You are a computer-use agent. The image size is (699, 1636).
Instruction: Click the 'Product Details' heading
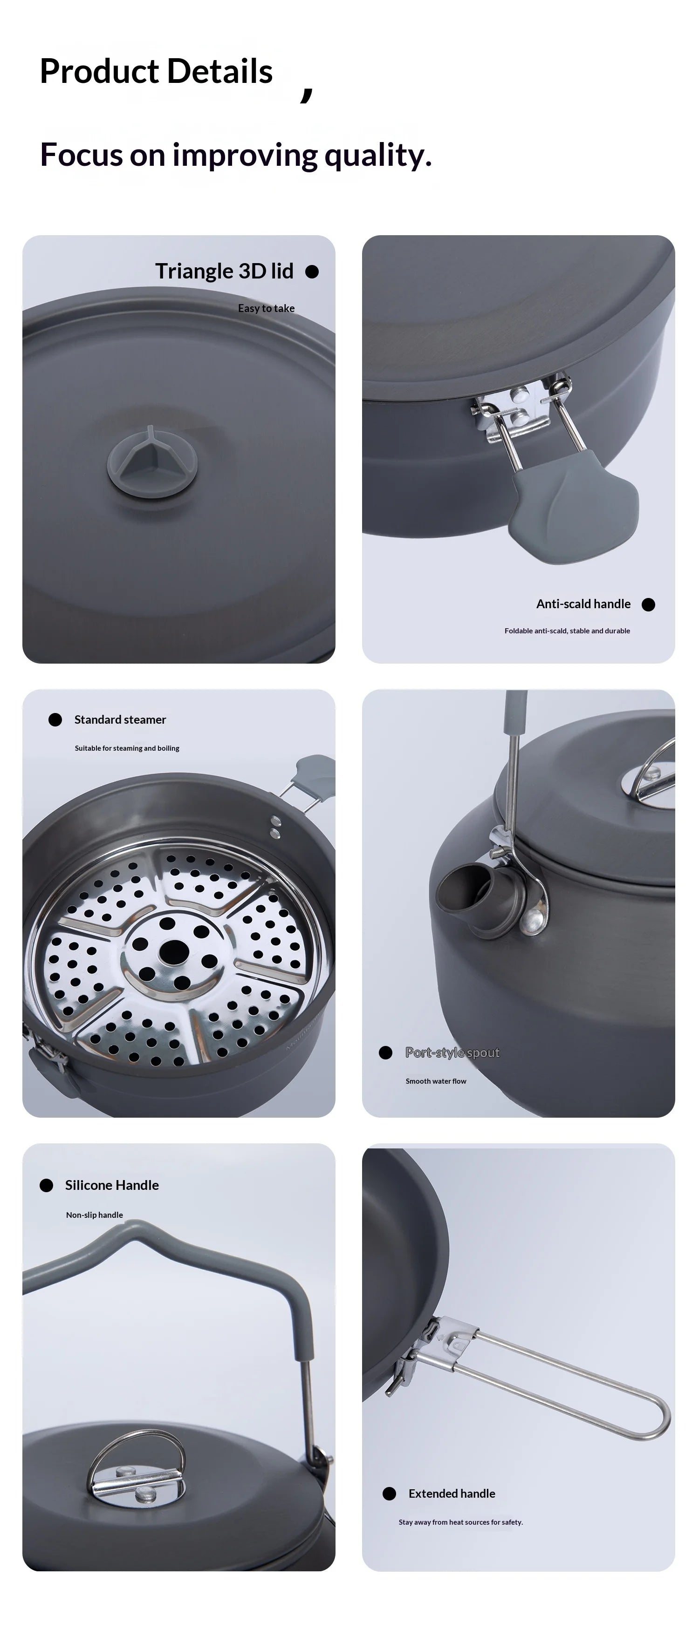[x=156, y=71]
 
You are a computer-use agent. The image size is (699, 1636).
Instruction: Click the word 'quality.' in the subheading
[x=377, y=155]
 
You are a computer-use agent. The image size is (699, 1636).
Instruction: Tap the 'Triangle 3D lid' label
[x=224, y=271]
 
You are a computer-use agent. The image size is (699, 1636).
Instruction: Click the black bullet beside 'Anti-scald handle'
[x=648, y=604]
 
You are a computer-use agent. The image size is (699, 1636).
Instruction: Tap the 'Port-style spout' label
[x=452, y=1052]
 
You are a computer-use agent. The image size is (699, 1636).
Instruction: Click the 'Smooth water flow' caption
[x=435, y=1081]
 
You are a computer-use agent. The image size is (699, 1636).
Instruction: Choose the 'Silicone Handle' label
[x=112, y=1185]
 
